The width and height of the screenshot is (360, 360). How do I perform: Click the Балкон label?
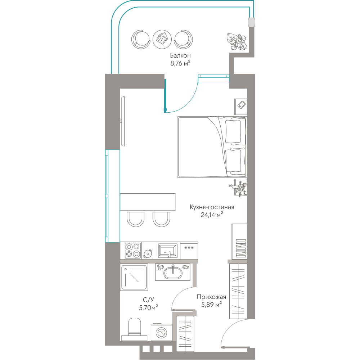180,55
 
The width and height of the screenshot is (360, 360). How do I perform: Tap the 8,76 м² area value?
180,63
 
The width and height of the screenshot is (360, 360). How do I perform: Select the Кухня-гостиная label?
212,207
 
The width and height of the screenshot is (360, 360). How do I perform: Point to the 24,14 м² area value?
212,215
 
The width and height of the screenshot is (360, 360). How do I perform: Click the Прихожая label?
211,297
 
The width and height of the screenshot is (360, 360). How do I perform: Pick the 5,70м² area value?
148,307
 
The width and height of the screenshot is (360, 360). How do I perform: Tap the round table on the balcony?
162,39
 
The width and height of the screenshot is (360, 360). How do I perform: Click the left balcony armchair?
141,40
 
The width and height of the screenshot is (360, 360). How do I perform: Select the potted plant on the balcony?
237,41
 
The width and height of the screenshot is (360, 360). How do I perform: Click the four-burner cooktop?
133,251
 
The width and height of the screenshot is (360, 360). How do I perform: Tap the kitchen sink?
168,251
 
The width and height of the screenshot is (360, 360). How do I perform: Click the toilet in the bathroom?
134,329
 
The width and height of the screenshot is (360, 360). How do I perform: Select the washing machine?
161,332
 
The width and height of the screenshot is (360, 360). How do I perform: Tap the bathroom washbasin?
173,272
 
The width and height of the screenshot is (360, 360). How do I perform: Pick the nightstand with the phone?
240,107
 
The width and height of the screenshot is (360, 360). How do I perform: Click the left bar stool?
136,219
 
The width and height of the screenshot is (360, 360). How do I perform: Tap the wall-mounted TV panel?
123,121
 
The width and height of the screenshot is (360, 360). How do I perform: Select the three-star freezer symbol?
189,248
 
